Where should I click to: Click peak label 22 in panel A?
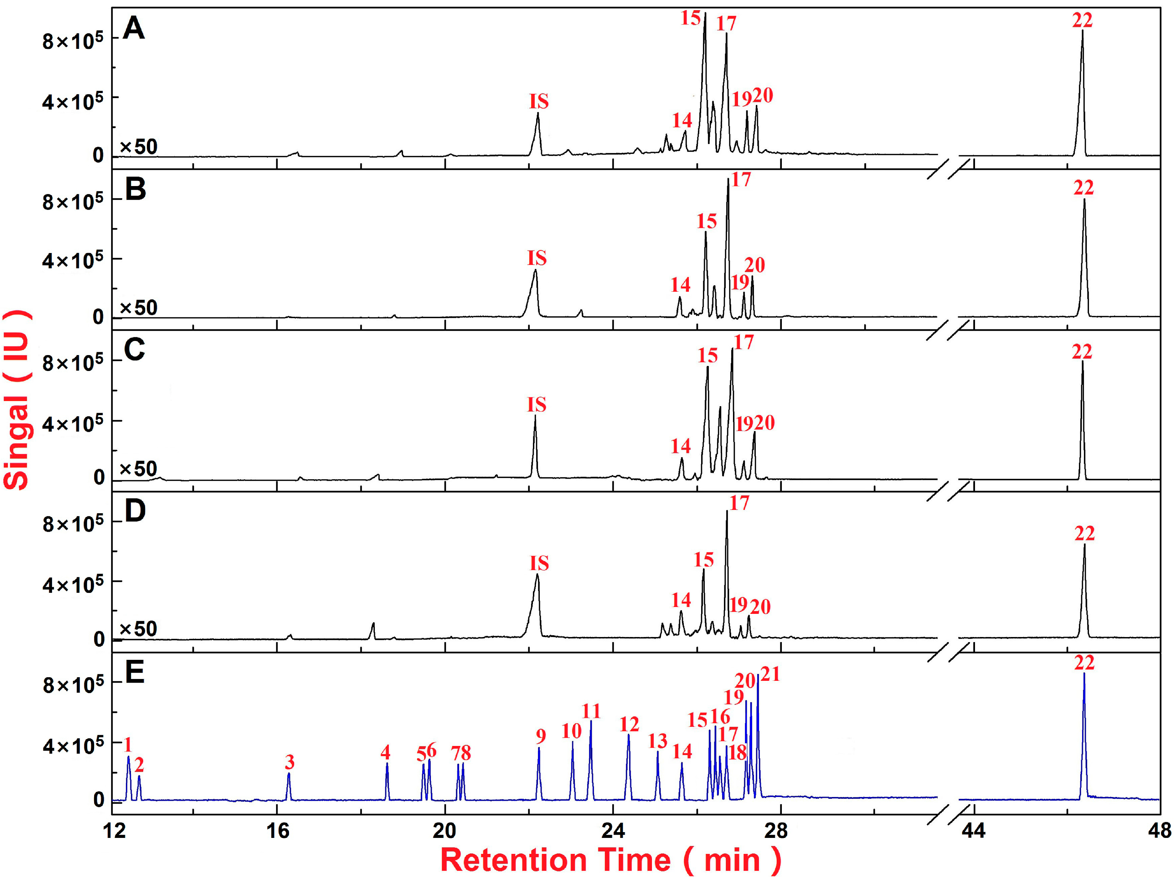[1082, 21]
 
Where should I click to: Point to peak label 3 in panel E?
[289, 762]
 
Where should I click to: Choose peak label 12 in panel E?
[629, 724]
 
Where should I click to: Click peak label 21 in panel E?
[770, 674]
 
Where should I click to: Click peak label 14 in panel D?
[681, 600]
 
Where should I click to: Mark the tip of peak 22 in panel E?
[1084, 674]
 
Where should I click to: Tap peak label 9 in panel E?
[541, 736]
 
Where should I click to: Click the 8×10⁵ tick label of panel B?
[73, 203]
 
